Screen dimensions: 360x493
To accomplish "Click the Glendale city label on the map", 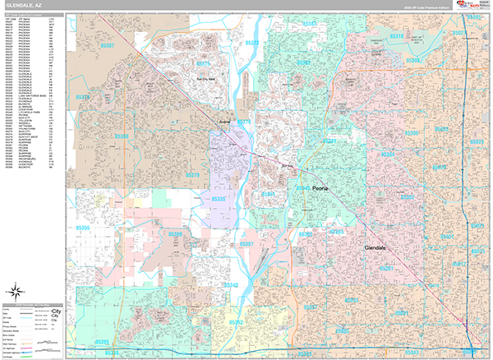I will click(380, 247).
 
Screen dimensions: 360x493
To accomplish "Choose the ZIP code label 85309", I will click(174, 234).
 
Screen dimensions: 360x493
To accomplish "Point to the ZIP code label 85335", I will click(219, 198).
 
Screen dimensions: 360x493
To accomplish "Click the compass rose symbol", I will click(16, 289).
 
